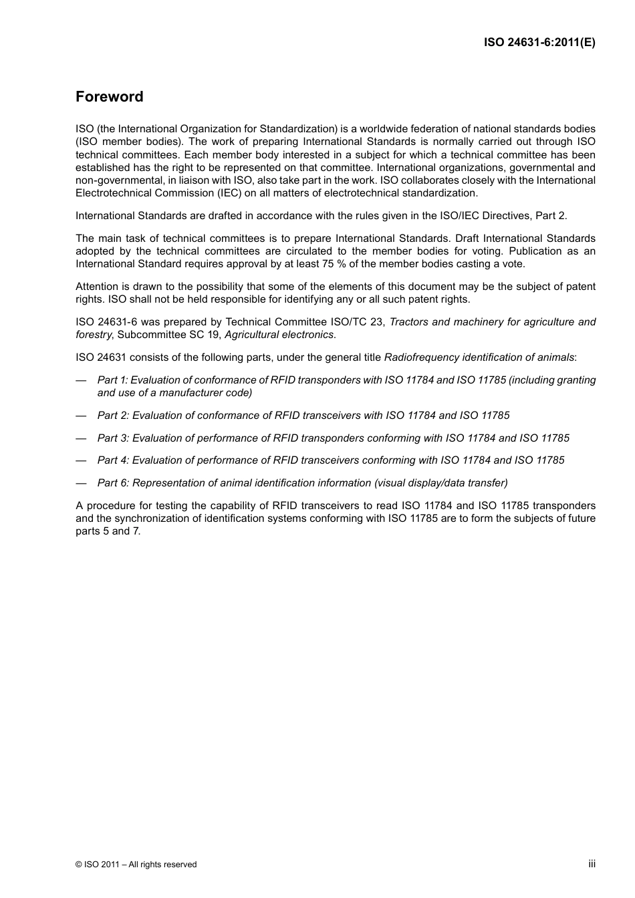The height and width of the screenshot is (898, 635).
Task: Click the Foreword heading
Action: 109,97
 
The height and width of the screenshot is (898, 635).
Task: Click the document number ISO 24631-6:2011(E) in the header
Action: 539,42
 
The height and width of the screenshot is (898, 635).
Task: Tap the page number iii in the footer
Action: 592,863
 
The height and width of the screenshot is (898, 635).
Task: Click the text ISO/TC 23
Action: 358,322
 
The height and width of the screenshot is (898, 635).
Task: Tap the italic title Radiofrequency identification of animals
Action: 479,357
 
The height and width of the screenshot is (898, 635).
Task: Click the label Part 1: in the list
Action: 112,380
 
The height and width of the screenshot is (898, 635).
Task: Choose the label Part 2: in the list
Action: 113,416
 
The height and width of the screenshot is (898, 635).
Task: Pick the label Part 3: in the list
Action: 113,438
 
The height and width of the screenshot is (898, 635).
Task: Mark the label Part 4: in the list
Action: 113,460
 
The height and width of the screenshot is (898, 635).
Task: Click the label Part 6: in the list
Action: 113,483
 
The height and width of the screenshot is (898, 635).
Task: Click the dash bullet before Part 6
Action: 82,483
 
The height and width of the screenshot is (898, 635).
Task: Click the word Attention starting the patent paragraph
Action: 98,287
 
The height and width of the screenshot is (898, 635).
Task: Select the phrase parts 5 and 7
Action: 108,531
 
